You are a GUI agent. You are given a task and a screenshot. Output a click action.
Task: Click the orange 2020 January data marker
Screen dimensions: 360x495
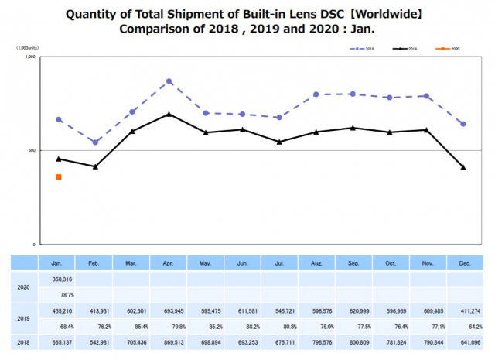click(59, 177)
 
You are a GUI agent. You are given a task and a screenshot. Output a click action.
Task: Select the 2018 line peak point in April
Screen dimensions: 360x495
click(169, 81)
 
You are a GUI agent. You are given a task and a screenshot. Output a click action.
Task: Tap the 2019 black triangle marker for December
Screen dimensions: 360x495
click(463, 167)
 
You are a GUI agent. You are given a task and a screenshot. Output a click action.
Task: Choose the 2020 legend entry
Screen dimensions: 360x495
click(447, 49)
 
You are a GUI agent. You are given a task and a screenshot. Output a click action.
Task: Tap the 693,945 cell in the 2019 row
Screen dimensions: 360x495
click(169, 310)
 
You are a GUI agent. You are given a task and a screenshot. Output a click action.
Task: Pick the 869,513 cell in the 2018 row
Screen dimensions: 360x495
click(169, 340)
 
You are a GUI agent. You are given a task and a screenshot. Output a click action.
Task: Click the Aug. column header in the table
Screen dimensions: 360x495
click(316, 264)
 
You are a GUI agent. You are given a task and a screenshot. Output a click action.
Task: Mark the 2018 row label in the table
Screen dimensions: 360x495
click(23, 340)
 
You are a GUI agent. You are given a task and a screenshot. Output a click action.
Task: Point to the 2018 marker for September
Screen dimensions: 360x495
click(353, 94)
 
